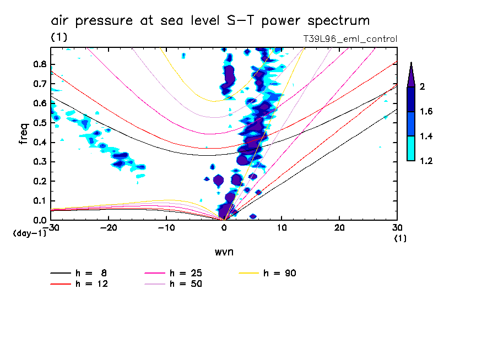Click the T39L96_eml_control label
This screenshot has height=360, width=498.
(350, 39)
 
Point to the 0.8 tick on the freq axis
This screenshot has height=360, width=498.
(40, 64)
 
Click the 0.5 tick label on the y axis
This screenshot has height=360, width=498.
(40, 123)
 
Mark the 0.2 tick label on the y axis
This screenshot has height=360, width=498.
(40, 181)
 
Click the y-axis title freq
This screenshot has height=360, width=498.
(24, 133)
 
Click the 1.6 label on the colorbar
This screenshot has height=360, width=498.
(426, 112)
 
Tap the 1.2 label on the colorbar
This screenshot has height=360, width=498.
(426, 161)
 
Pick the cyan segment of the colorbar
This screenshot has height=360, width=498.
(410, 149)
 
